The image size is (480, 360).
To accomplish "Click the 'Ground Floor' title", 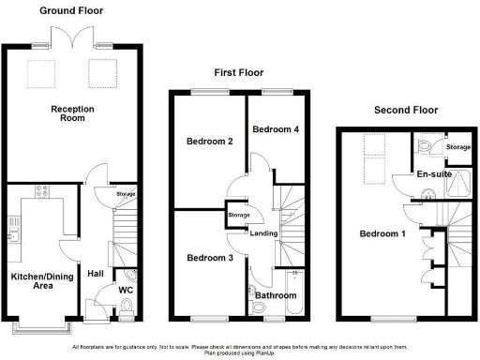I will (71, 10).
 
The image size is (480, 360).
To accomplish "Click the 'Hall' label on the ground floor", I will (96, 274).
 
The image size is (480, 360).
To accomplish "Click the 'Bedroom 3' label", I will (208, 258).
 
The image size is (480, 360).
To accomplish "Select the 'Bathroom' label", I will (276, 295).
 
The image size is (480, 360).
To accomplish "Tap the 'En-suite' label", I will (435, 174).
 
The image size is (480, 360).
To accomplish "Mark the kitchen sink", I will (14, 228).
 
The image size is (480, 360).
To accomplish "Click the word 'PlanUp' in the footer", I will (282, 353).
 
